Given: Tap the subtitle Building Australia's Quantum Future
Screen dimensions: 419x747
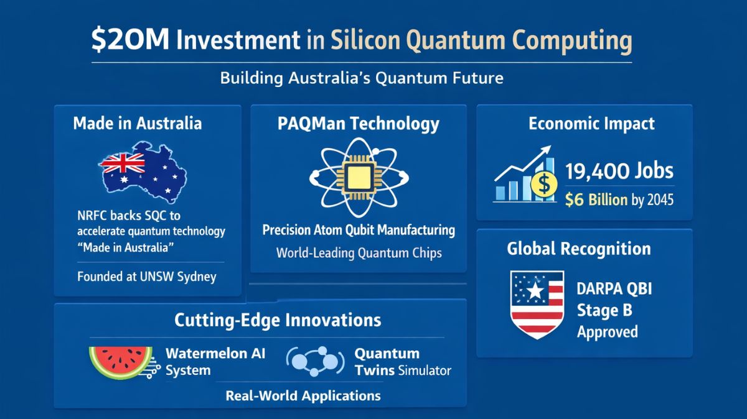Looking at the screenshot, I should point(361,78).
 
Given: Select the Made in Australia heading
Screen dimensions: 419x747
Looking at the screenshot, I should point(137,123).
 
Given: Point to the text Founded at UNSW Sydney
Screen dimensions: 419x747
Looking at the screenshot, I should point(147,276).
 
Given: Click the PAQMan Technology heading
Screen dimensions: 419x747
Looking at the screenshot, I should point(358,123).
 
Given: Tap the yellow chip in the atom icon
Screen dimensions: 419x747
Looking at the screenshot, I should point(358,177).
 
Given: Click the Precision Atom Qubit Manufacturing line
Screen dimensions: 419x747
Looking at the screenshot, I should point(359,231).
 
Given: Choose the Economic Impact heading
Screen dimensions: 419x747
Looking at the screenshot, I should point(591,123).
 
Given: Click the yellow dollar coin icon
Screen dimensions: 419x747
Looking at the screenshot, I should point(543,184).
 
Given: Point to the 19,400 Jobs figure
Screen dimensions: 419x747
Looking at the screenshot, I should point(619,170).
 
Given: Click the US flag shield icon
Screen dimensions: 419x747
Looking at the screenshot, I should point(537,304).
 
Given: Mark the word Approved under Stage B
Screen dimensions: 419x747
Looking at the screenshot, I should point(607,331).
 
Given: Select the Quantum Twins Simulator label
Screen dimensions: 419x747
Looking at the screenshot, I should point(402,362).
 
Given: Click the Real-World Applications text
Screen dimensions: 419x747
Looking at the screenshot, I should point(303,395).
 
